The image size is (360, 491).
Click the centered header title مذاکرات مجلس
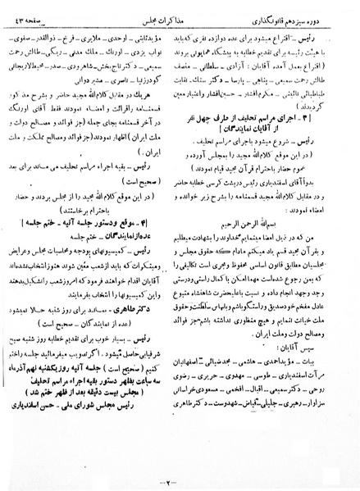(180, 7)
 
